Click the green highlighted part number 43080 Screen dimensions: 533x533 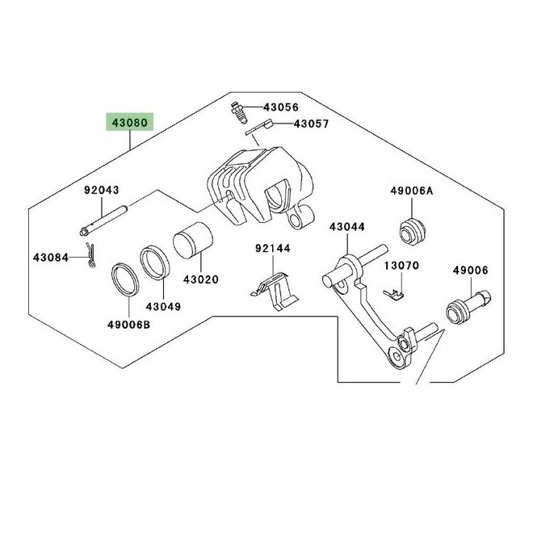point(129,123)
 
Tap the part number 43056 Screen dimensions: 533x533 point(281,107)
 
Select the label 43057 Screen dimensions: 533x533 point(312,124)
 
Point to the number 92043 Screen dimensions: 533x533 point(102,190)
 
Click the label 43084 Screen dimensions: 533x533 point(51,258)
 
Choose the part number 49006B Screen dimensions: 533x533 point(129,325)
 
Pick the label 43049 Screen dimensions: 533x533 point(163,307)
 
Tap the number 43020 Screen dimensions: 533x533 point(201,279)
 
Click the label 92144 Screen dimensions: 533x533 point(273,249)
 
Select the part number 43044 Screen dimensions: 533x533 point(346,227)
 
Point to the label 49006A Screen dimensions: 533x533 point(412,191)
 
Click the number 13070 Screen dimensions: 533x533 point(402,265)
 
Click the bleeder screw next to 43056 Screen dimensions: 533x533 point(239,112)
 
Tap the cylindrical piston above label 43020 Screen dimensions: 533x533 point(193,241)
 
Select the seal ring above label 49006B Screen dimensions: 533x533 point(125,279)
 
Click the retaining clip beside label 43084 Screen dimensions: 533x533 point(90,254)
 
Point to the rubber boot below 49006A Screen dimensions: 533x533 point(412,232)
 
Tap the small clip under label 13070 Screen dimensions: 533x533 point(394,295)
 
